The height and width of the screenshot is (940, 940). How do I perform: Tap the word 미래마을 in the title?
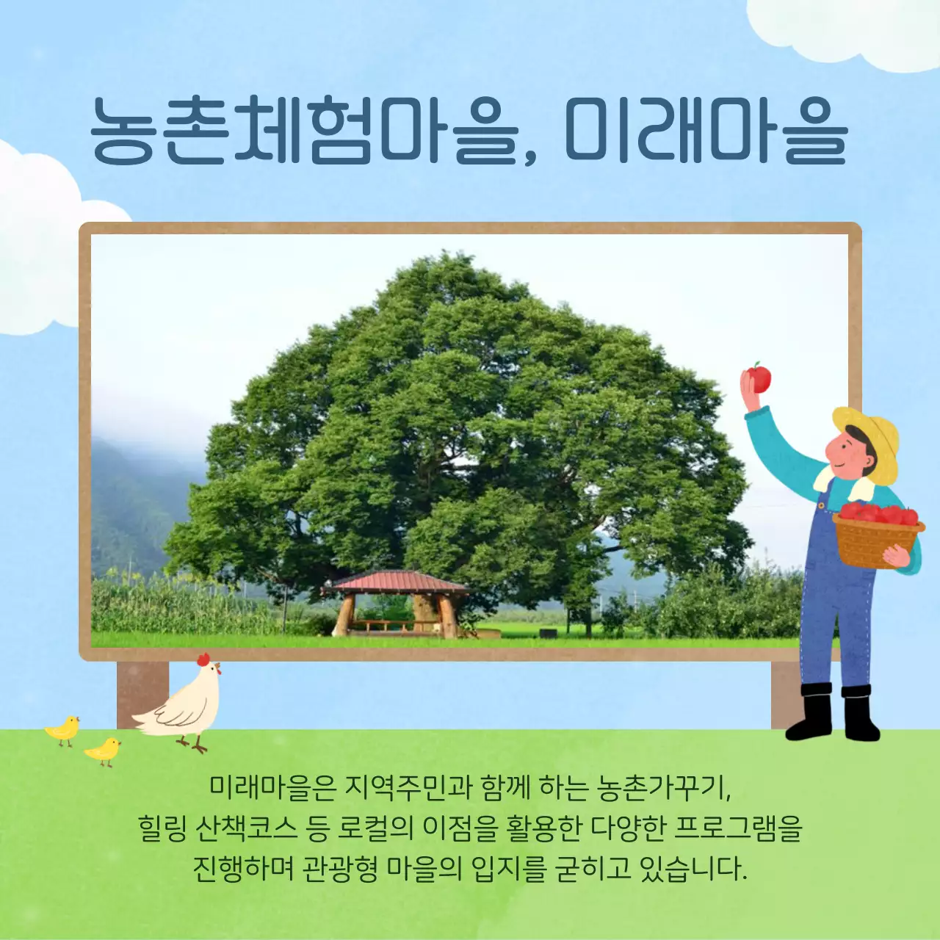click(x=705, y=131)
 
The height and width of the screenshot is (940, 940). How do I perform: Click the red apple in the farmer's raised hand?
click(x=759, y=378)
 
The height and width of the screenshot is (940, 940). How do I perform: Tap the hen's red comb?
click(x=203, y=659)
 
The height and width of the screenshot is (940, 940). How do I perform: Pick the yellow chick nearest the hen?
click(x=103, y=750)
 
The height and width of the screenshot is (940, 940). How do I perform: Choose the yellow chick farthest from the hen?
click(x=63, y=729)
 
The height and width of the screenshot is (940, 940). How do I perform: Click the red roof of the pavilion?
click(x=397, y=582)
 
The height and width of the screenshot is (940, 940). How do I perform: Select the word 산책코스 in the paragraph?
click(x=247, y=828)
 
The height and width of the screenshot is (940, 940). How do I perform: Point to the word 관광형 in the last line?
click(x=340, y=869)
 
